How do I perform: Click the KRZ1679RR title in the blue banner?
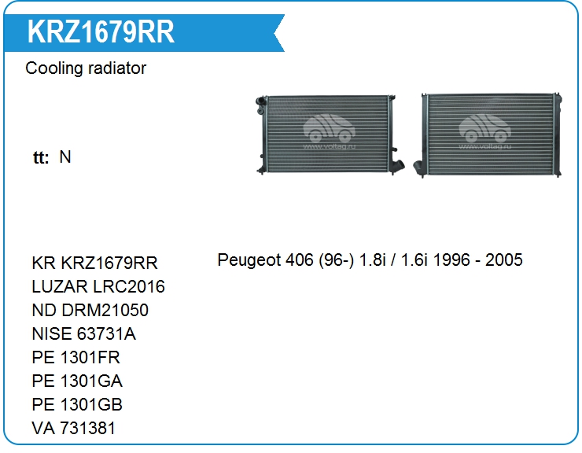click(101, 31)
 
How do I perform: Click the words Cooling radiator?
click(86, 68)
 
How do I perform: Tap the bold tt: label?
click(41, 157)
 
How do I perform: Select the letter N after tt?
click(65, 157)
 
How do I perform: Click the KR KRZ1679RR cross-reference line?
click(94, 263)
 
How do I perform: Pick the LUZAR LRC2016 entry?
click(98, 286)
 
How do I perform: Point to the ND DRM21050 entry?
click(90, 310)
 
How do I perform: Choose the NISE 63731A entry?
click(84, 333)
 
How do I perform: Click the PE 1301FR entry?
click(76, 357)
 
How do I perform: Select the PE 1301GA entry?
click(77, 381)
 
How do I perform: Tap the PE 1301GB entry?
click(77, 404)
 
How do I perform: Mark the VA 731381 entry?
click(73, 428)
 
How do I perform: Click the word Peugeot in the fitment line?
click(249, 260)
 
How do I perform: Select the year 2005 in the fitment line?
click(504, 260)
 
